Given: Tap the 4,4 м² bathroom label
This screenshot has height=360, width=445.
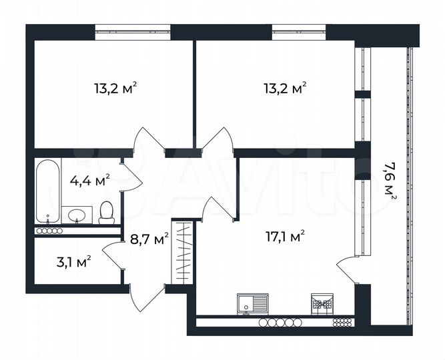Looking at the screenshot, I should [89, 179].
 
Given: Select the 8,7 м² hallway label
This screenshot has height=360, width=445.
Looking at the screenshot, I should [149, 238].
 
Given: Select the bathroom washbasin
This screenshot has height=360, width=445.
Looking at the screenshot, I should [78, 215].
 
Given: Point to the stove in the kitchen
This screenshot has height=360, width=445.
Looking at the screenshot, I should [322, 304].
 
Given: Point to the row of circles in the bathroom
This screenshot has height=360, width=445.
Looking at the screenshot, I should [49, 231].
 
